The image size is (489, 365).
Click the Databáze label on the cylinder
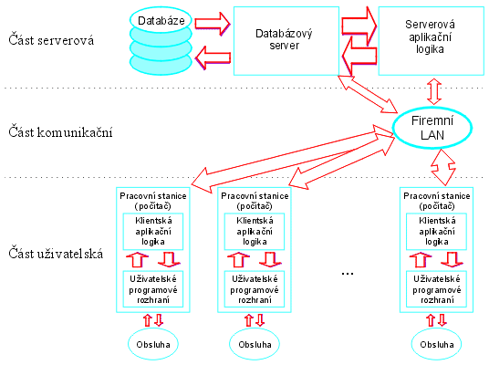coord(161,21)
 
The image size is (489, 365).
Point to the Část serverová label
coord(51,40)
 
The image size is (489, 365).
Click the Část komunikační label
coord(60,132)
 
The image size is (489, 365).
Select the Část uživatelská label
coord(56,254)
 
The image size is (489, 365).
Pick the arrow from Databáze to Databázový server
coord(213,24)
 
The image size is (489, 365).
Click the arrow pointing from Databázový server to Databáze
coord(213,57)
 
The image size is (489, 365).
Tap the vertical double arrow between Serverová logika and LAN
coord(434,91)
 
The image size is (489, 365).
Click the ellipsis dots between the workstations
coord(348,274)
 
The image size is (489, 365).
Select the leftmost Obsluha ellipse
coord(153,344)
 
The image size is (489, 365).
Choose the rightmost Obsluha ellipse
coord(436,344)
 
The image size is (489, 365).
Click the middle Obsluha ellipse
coord(255,344)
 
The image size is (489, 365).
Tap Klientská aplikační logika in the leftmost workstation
coord(153,231)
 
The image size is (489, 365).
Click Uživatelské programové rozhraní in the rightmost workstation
coord(436,289)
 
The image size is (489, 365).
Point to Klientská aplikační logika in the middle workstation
coord(255,231)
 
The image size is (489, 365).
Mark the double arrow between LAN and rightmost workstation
coord(443,168)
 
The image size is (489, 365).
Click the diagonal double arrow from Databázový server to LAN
coord(368,94)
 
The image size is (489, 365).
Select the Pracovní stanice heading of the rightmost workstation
coord(437,201)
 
